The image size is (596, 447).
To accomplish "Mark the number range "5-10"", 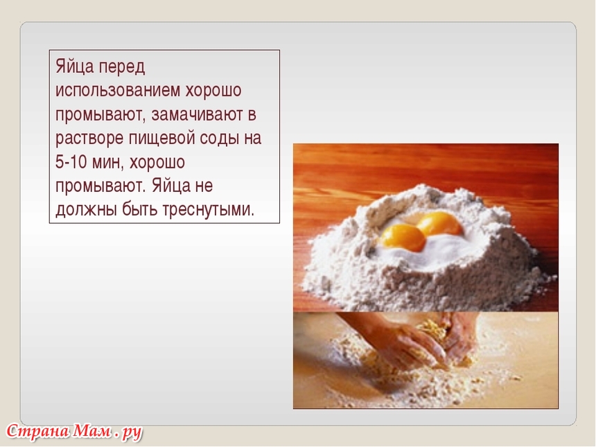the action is tap(71, 162).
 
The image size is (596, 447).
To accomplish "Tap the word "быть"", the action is tap(139, 209).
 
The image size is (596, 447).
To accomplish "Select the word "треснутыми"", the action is tap(208, 210).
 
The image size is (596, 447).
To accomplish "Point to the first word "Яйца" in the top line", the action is tap(75, 67).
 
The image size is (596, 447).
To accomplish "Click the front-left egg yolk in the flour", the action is tap(403, 238).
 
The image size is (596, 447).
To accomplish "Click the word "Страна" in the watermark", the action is tap(38, 432).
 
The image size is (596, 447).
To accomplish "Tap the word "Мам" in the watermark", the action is tap(92, 431).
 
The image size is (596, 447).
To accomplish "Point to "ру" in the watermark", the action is tap(132, 433).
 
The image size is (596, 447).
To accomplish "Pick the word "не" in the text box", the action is tap(204, 186).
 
